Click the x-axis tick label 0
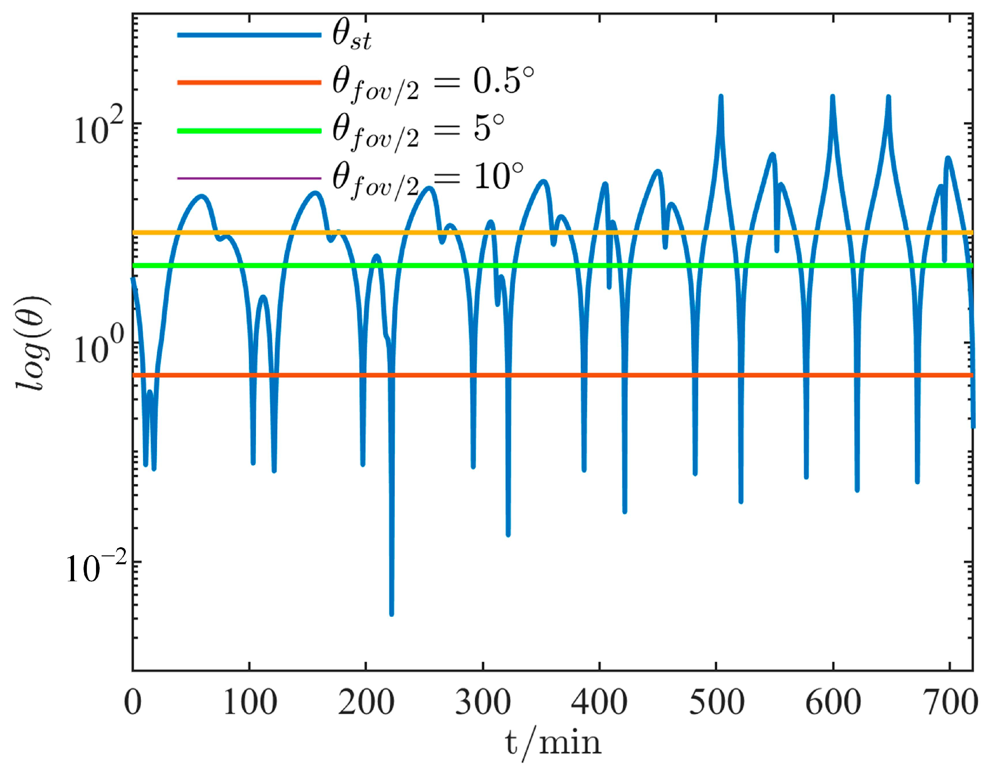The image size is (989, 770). tap(133, 703)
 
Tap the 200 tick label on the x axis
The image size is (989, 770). tap(366, 703)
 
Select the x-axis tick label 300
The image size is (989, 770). tap(483, 703)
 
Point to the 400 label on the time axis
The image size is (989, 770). tap(600, 703)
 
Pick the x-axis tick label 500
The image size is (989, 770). tap(716, 703)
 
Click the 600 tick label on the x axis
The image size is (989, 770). tap(833, 703)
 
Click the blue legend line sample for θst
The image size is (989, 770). tap(249, 35)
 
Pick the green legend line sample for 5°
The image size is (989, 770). tap(249, 131)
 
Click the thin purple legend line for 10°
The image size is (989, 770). tap(249, 178)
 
